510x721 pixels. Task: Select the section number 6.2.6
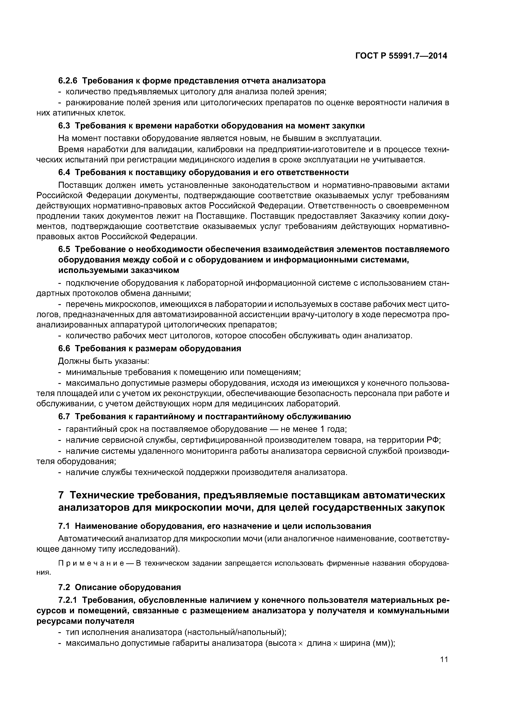[68, 81]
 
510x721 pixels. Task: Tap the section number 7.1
[65, 526]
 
